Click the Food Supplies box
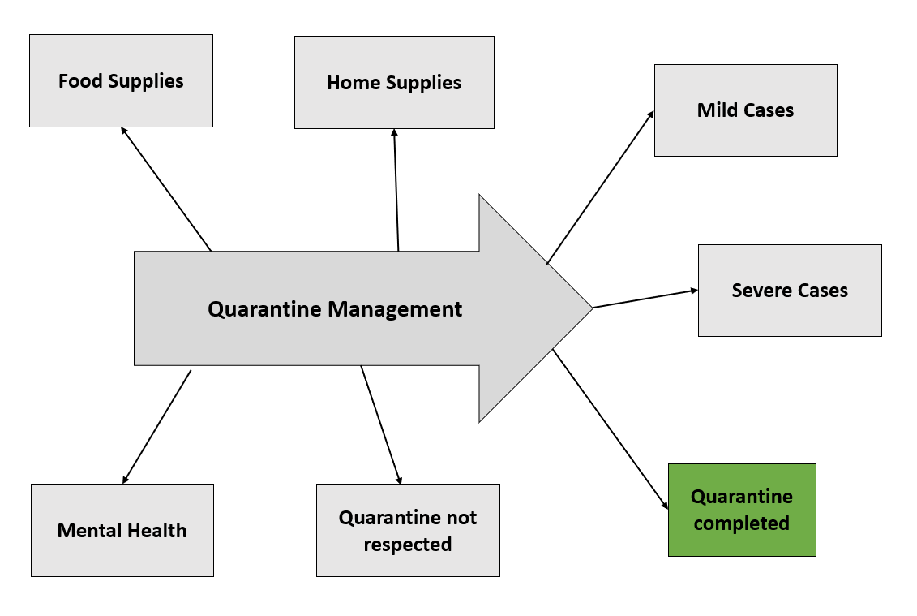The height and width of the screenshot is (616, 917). click(121, 80)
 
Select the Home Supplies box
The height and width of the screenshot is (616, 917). click(394, 82)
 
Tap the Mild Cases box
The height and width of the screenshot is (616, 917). click(745, 110)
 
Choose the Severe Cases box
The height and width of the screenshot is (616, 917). click(790, 291)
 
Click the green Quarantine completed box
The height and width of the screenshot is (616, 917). click(742, 510)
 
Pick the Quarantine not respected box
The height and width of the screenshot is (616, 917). click(408, 530)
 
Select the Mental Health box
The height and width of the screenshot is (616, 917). click(122, 530)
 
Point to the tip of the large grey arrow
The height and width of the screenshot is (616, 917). click(590, 308)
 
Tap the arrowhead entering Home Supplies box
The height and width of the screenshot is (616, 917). click(394, 132)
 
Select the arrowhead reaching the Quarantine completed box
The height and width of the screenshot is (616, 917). click(666, 506)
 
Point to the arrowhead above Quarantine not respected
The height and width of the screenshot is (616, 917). click(399, 480)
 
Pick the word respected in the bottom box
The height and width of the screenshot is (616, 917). click(408, 545)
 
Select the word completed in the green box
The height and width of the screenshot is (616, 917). click(742, 523)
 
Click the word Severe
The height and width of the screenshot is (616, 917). click(760, 291)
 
